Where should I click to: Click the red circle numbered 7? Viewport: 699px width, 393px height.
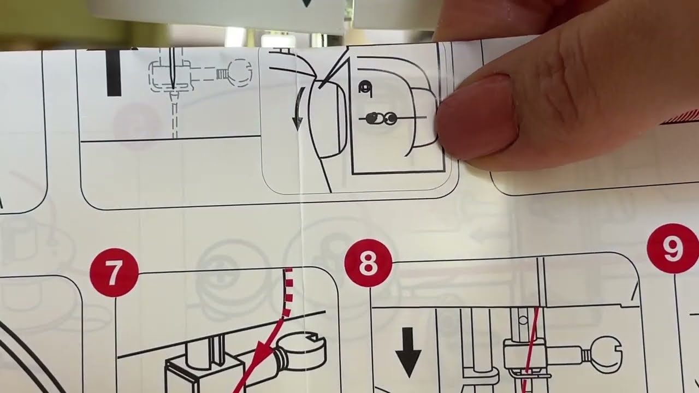(114, 273)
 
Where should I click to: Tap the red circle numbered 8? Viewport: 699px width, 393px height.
(368, 263)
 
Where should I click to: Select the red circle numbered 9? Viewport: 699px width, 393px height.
(672, 248)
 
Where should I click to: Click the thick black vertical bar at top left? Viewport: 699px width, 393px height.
(114, 72)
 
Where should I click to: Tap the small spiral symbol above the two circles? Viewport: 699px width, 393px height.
(363, 87)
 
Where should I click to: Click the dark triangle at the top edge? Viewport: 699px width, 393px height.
(306, 3)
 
